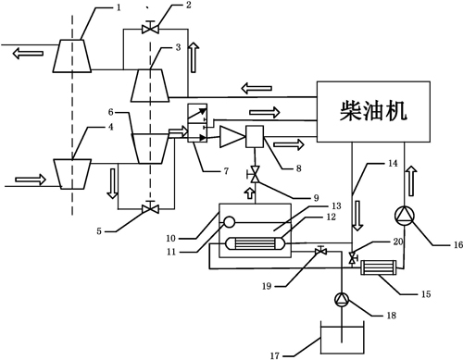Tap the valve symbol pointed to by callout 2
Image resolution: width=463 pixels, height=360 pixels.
[148, 31]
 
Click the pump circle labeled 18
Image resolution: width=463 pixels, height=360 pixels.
[341, 299]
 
